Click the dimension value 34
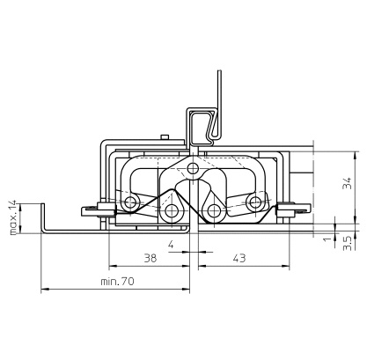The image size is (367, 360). pos(348,183)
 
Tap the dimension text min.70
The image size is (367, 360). pos(117,282)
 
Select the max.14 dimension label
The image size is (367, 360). pos(13,217)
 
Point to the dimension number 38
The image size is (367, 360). pos(150,258)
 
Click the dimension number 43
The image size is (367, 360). pos(239,258)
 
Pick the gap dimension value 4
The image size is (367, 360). pos(171,245)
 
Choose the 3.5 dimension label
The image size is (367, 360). pos(347,243)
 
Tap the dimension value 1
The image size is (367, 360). pos(327,239)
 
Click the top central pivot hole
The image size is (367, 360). pos(193,168)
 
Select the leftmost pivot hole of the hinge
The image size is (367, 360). pos(130,202)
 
